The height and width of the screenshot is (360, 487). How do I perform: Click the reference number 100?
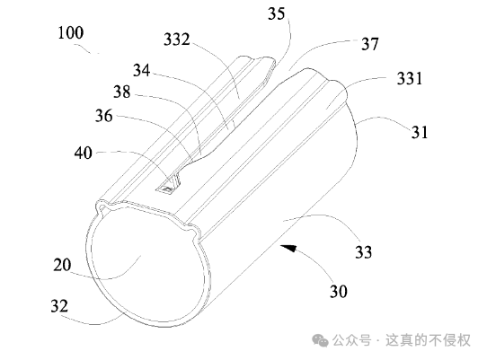coord(71,33)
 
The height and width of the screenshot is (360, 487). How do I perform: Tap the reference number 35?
coord(276,14)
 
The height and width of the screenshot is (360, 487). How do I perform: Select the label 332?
coord(177,40)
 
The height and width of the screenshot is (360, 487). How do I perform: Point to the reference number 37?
coord(370,44)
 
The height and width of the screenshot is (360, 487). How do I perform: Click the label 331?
coord(410,78)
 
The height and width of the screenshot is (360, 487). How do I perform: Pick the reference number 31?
coord(420,132)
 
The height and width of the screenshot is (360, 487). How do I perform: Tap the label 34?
coord(142,70)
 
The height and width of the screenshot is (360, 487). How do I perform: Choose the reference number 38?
coord(122,92)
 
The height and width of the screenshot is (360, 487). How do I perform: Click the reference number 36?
coord(103,116)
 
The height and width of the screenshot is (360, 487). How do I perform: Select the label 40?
coord(84,153)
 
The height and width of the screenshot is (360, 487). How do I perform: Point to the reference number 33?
coord(363,251)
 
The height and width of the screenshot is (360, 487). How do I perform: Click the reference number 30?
coord(339,292)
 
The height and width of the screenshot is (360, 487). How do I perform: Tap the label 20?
coord(62,265)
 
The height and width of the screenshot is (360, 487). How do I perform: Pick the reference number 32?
coord(59,306)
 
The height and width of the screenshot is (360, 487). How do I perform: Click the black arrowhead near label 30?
coord(288,248)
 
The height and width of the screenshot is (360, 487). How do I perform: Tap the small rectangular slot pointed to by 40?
coord(165,189)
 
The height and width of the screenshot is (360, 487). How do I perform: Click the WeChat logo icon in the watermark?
coord(320,340)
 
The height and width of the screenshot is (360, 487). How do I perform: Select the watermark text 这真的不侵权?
coord(428,340)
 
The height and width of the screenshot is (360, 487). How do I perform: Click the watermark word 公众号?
coord(352,340)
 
